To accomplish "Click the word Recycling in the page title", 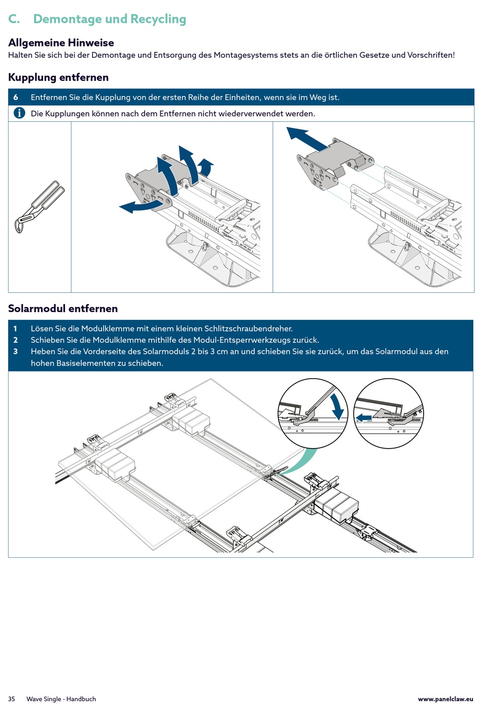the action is click(158, 19).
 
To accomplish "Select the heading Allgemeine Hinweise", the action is click(61, 43).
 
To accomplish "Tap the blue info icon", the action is click(19, 113).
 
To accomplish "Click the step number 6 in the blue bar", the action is click(15, 97).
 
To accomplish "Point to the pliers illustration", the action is click(39, 207).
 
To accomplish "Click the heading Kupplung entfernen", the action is click(58, 77).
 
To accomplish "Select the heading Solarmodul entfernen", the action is click(63, 309).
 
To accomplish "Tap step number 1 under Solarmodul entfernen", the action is click(15, 328).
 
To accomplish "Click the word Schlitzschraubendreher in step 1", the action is click(248, 328).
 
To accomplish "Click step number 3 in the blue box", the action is click(15, 352).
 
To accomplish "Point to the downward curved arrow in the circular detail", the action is click(336, 407).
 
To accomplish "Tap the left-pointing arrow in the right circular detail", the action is click(363, 418).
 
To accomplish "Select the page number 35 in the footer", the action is click(11, 699).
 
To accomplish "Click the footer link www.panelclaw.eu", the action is click(445, 699).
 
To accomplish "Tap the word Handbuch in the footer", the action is click(81, 699).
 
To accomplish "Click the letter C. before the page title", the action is click(14, 19).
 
